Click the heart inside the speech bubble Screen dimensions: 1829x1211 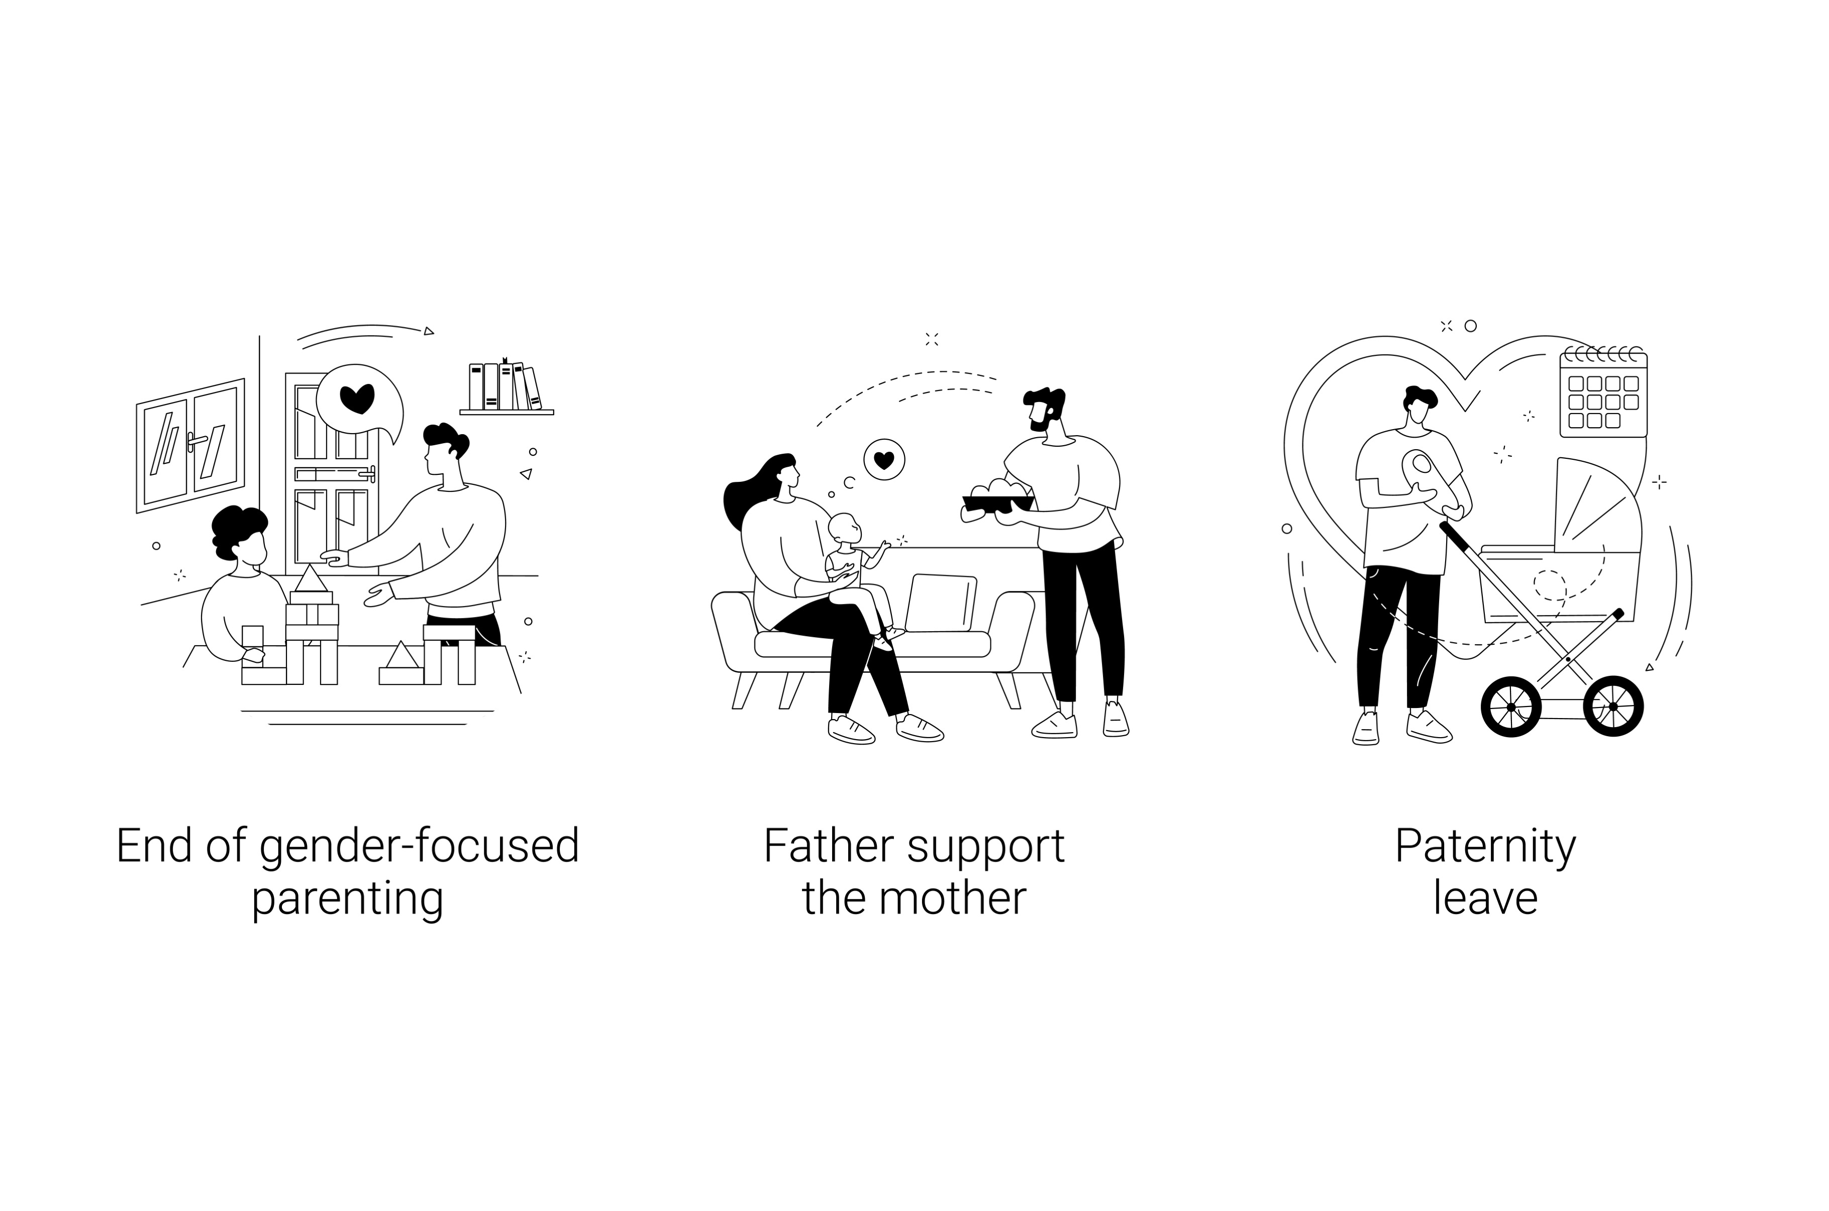pos(357,398)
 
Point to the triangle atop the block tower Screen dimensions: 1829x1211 pos(311,578)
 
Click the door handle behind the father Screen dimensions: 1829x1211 pos(367,473)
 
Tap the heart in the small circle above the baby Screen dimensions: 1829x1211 pos(884,460)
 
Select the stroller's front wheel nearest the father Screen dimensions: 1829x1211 pos(1511,707)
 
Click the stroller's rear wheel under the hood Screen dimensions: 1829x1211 pos(1613,706)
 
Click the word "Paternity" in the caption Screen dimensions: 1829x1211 pos(1485,847)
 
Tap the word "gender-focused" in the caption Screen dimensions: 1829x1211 pos(419,847)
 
